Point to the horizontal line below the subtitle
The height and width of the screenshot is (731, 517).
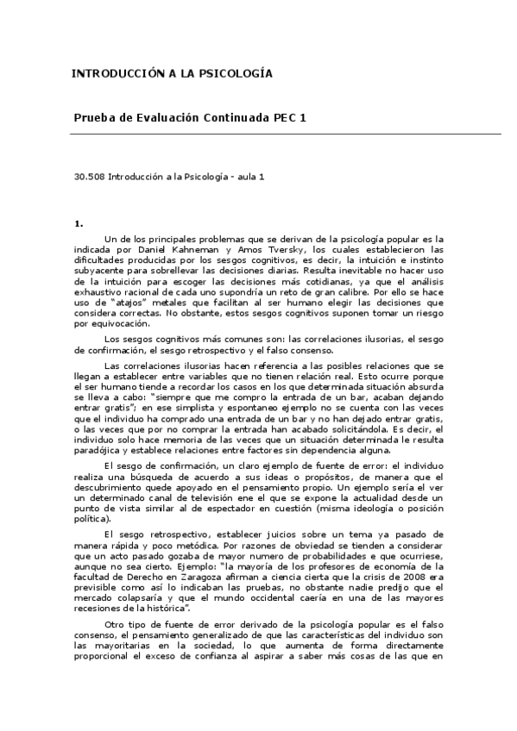(286, 134)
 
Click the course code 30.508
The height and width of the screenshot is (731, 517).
(89, 176)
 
